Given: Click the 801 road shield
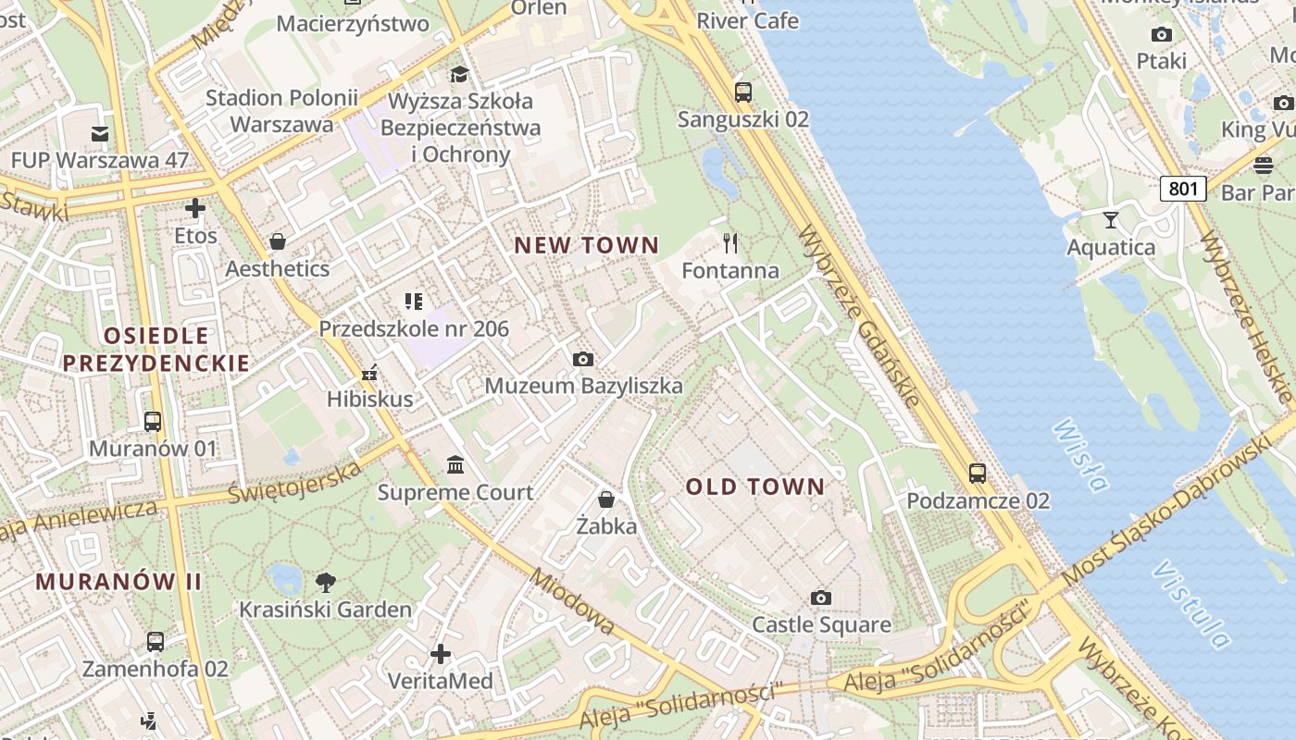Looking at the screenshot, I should coord(1182,190).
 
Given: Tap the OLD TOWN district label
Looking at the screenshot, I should coord(754,487).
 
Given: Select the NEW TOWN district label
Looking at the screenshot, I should coord(586,245).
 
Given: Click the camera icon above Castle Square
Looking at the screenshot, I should coord(820,598).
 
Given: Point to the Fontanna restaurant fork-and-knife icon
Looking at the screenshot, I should coord(730,243).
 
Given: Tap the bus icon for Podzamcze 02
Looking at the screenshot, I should coord(978,474).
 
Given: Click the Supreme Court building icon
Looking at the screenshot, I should coord(455,464).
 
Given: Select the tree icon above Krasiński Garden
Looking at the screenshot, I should coord(325,583).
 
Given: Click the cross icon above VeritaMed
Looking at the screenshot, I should coord(441,654).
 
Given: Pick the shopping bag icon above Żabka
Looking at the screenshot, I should coord(606,499).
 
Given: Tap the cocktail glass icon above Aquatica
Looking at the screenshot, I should coord(1111,220).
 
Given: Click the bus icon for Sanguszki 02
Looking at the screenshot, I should coord(742,92).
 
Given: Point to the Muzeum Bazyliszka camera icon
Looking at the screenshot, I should coord(583,359).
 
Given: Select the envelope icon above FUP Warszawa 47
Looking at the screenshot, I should coord(99,134).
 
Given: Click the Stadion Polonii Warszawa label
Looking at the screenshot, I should coord(281,110).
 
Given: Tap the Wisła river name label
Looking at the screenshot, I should coord(1080,455).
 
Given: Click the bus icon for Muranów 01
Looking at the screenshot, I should coord(153,422).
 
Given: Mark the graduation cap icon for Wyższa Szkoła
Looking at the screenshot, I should coord(459,74).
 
